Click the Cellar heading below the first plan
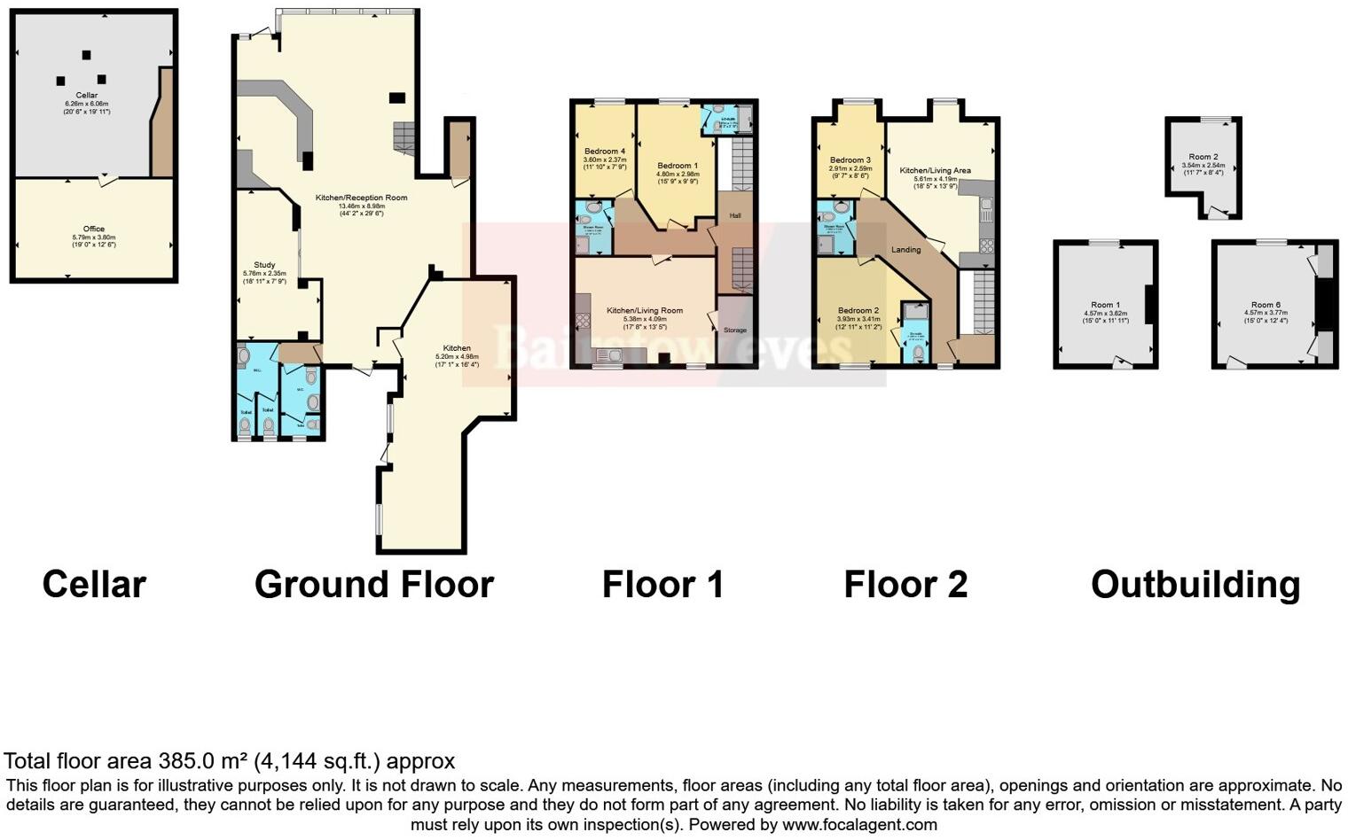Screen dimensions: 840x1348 94,585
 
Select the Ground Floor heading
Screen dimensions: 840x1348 373,585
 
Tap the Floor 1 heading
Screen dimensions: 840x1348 662,585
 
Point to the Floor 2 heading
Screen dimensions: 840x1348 905,585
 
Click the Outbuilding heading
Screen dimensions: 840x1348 1195,585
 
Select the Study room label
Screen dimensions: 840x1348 264,265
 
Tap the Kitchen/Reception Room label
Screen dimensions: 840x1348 362,198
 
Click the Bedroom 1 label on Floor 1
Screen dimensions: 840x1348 678,166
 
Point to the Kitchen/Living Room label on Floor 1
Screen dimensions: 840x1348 645,311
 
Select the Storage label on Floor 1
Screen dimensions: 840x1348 735,331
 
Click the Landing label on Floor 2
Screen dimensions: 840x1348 905,250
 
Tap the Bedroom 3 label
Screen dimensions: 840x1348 850,160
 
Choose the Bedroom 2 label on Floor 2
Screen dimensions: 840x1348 858,311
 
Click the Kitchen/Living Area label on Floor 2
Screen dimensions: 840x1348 935,170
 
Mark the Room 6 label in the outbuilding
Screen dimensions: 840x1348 1266,305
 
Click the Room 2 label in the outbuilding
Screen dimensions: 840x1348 1203,157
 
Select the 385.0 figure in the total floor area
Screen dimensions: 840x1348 188,761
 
